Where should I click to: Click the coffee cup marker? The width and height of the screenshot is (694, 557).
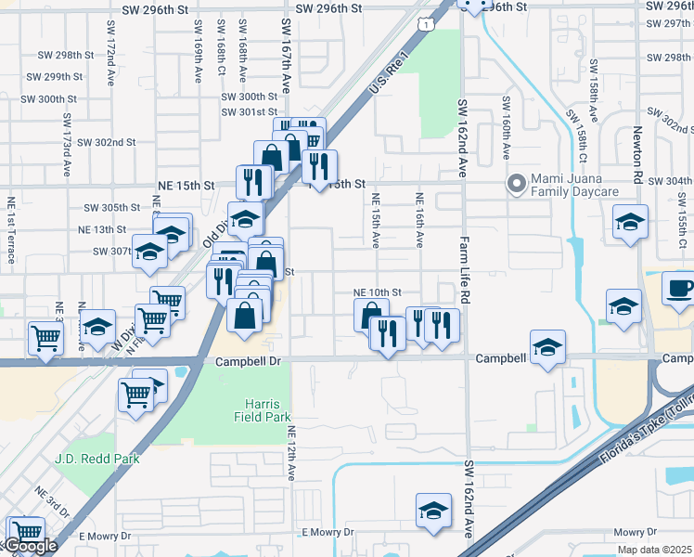(x=680, y=288)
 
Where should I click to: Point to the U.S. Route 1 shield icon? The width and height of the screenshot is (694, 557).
(x=424, y=26)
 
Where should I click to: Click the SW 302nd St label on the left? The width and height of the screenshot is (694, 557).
(x=107, y=142)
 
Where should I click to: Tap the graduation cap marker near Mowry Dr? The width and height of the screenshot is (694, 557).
(x=433, y=513)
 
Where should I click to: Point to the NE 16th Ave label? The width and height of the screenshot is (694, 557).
(x=419, y=219)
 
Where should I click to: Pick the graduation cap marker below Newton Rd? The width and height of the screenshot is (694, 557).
(x=630, y=223)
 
